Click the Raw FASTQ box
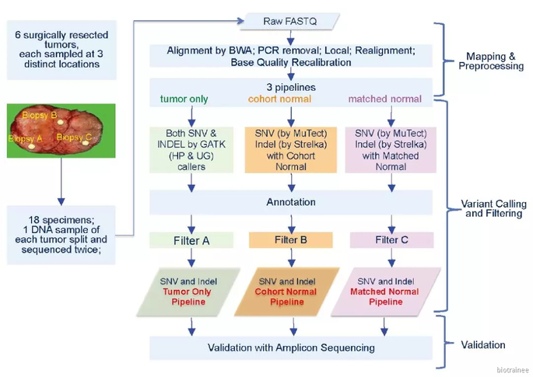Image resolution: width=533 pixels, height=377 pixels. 290,22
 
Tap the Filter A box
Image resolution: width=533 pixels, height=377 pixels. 191,240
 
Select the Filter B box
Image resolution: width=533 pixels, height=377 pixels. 291,239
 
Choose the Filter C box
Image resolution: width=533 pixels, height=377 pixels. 391,239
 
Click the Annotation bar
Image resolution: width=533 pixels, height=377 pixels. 291,202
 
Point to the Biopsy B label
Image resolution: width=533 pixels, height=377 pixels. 40,115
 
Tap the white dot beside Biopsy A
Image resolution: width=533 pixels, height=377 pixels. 32,146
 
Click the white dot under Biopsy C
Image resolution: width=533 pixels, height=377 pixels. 86,143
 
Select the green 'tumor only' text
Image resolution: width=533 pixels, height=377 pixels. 184,99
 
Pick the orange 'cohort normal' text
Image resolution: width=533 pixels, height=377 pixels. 279,99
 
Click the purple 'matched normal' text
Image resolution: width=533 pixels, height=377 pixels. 385,99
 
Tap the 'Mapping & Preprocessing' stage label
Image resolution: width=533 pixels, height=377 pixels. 491,61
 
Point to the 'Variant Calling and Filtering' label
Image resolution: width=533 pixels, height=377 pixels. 493,208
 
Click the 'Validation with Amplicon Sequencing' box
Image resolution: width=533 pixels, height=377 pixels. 291,347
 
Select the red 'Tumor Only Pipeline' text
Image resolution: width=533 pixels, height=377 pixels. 188,297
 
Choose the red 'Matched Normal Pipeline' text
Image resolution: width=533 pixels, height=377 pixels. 385,297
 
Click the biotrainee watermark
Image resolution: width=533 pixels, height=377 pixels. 513,370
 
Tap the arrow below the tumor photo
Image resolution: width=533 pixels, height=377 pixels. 61,181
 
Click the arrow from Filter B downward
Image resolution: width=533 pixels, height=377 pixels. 291,257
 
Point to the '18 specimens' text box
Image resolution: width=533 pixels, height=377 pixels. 61,235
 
